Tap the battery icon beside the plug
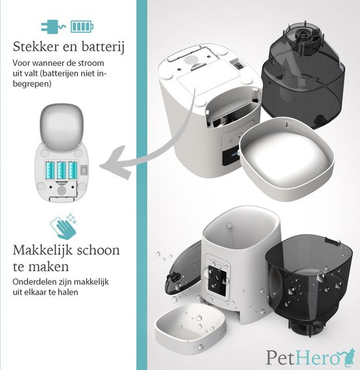pos(82,27)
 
